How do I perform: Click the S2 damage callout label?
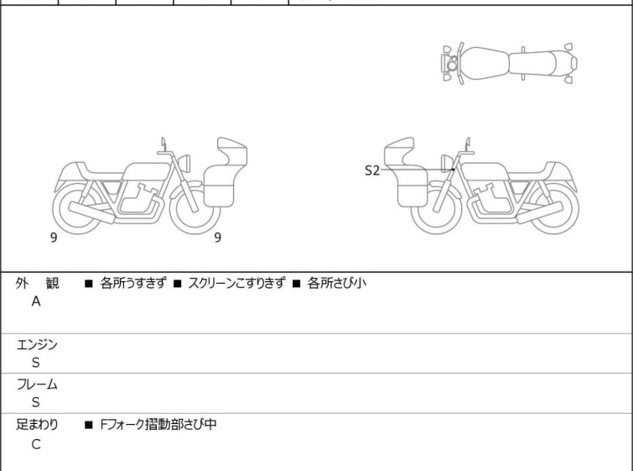click(x=371, y=170)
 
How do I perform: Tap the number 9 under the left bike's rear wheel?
click(x=54, y=238)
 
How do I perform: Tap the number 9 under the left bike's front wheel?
click(x=218, y=238)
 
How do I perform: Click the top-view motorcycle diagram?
click(x=509, y=64)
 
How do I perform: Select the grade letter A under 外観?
click(x=36, y=301)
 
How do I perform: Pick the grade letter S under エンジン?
click(x=36, y=363)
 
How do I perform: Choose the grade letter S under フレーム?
click(x=36, y=402)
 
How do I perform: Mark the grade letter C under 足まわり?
click(x=36, y=444)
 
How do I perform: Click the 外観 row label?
click(x=37, y=284)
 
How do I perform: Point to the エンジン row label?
click(x=37, y=345)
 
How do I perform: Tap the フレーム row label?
click(x=37, y=384)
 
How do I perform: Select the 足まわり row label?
click(x=37, y=425)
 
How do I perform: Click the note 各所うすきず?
click(x=132, y=283)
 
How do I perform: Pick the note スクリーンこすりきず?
click(x=237, y=283)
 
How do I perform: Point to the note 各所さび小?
click(x=337, y=283)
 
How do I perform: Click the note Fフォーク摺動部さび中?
click(x=158, y=425)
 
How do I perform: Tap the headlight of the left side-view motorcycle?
click(x=184, y=163)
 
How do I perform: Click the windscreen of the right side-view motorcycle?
click(x=399, y=151)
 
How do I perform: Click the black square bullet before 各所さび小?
click(x=296, y=284)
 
